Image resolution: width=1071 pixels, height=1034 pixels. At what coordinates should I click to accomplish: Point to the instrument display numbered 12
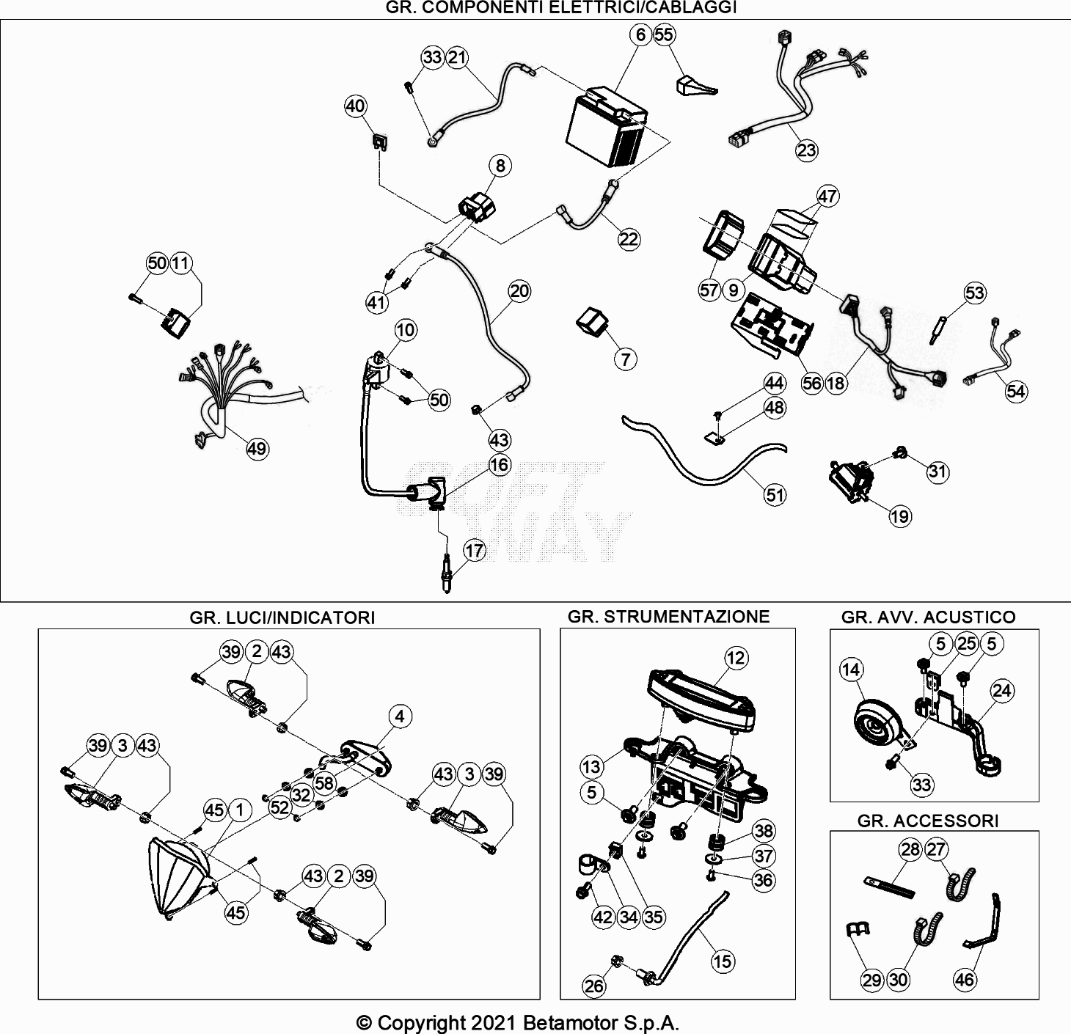701,697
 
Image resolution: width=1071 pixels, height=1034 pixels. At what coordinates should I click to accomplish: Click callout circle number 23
806,150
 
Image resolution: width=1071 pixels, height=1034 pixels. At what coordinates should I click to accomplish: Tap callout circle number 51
775,495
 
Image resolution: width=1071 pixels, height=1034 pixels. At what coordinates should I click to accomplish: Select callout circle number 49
257,449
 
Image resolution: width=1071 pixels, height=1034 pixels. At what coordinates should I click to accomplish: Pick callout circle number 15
723,961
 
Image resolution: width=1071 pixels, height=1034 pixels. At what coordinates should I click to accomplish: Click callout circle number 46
965,979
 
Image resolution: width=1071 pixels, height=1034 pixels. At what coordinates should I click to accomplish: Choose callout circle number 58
324,782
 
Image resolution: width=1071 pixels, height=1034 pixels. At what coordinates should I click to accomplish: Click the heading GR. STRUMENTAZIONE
668,617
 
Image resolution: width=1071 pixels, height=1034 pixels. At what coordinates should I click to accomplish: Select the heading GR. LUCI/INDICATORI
282,617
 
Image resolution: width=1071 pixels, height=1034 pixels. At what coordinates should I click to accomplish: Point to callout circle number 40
356,106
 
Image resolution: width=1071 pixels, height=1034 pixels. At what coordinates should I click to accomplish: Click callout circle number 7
626,359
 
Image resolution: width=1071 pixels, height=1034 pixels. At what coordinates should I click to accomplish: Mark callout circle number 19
899,516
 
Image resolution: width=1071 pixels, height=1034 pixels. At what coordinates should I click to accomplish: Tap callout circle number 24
1002,690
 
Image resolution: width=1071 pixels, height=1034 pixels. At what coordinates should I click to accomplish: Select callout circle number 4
400,716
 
